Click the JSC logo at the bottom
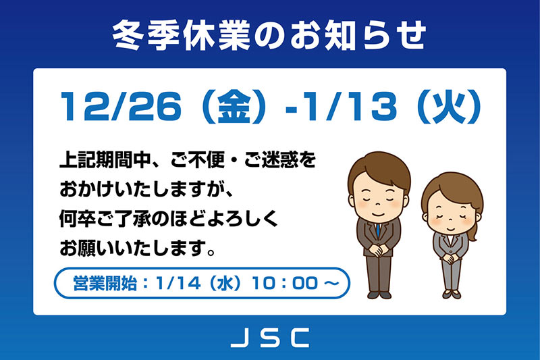(x=269, y=336)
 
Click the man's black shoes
(x=379, y=294)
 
